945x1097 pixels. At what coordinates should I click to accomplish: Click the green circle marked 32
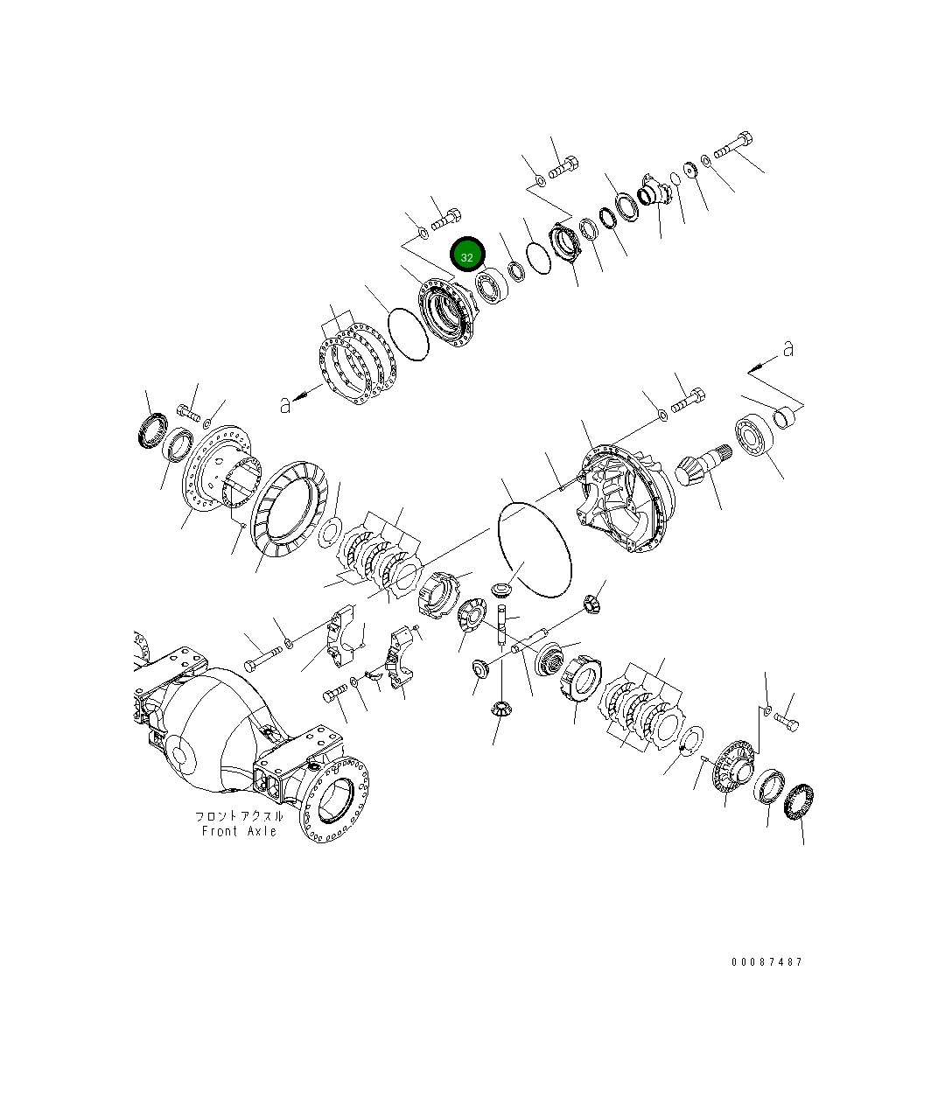tap(467, 255)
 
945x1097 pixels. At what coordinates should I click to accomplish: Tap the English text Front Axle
tap(239, 831)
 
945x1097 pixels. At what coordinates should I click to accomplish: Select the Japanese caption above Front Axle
tap(239, 815)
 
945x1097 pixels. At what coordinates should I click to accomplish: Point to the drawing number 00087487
tap(766, 961)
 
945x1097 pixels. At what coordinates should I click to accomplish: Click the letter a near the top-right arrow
tap(788, 349)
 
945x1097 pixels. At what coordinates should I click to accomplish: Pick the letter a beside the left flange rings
tap(284, 404)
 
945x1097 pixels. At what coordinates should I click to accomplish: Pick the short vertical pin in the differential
tap(502, 625)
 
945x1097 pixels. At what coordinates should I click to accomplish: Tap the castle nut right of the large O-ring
tap(592, 602)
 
